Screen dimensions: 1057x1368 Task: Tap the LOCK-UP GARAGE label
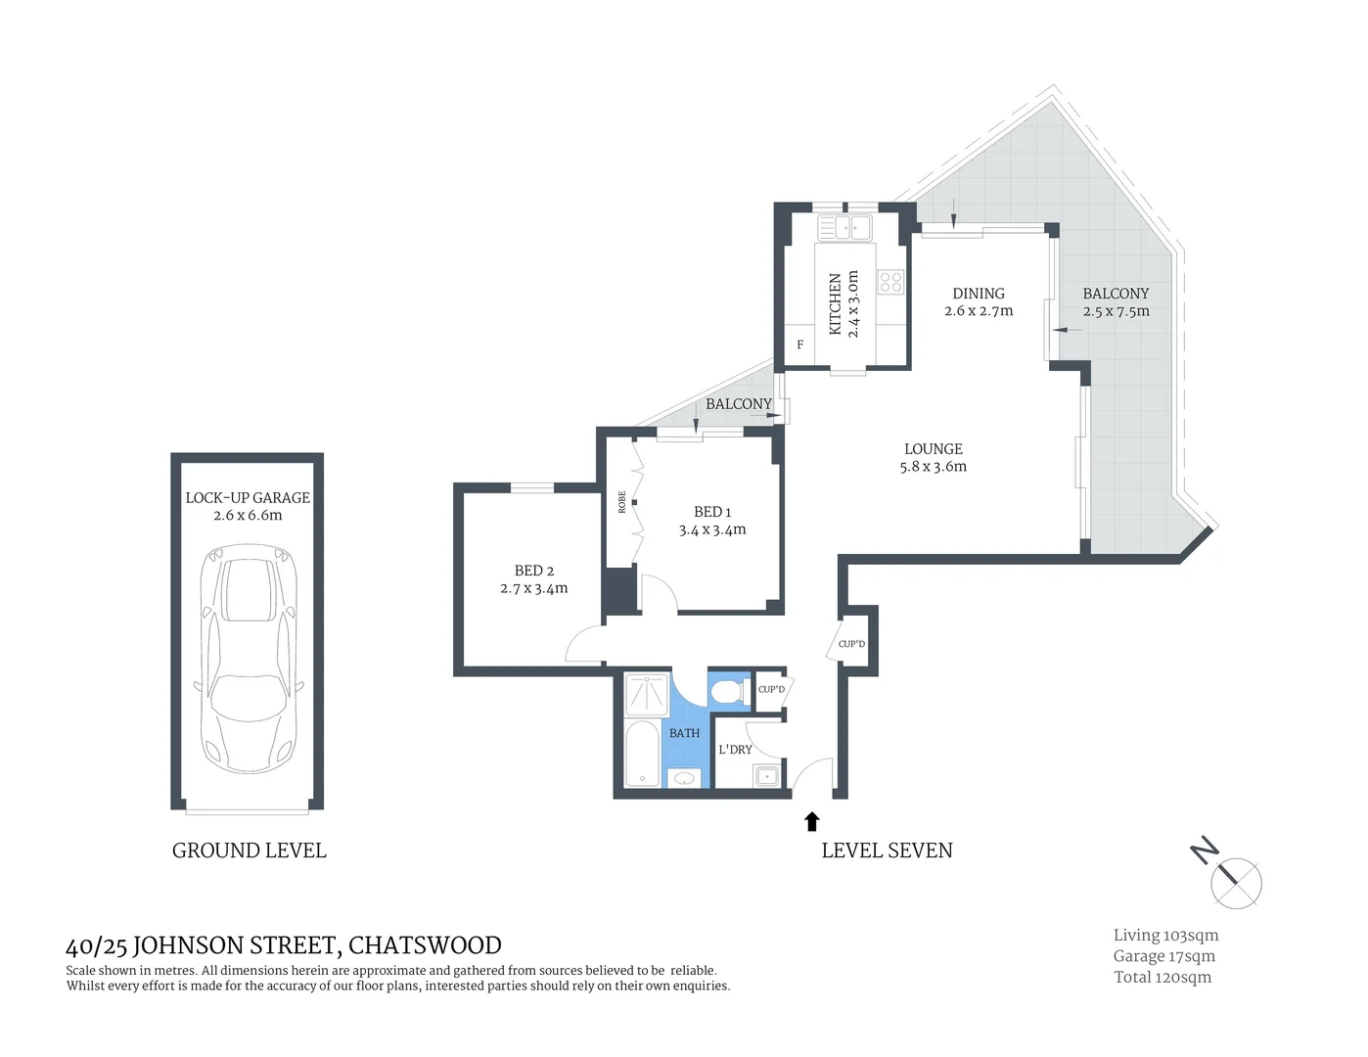[248, 497]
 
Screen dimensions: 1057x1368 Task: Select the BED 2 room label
[534, 571]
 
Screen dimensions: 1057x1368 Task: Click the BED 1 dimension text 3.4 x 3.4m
[712, 529]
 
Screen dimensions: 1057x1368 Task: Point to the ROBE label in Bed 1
[622, 502]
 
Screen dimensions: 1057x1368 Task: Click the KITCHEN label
[836, 304]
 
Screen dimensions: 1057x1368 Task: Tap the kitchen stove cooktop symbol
[890, 283]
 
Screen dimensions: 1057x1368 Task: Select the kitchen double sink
[845, 228]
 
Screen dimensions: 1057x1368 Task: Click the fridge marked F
[799, 345]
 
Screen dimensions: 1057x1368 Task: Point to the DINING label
[979, 294]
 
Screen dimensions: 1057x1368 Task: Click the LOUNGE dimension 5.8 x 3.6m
[934, 467]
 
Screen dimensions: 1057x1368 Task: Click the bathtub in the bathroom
[643, 754]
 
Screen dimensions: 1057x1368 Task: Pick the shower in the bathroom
[646, 694]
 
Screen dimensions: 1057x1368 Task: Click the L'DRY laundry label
[735, 750]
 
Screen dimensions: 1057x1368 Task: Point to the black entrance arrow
[811, 821]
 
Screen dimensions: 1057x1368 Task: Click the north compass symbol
[1236, 883]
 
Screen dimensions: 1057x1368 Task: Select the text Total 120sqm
[1163, 977]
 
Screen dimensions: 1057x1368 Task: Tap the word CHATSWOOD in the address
[425, 945]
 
